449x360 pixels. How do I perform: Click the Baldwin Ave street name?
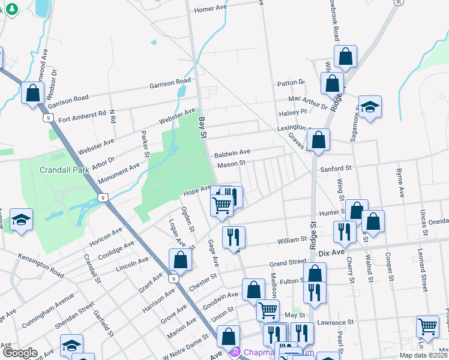[x=232, y=154]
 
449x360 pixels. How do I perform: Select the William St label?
[x=292, y=241]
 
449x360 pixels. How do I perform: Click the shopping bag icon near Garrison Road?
[x=32, y=94]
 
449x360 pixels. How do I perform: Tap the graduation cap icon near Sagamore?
[x=370, y=107]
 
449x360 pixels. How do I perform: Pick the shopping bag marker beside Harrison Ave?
[x=180, y=260]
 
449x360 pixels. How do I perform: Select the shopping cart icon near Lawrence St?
[x=427, y=327]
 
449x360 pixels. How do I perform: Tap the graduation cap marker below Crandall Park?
[x=22, y=220]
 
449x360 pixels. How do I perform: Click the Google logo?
[x=19, y=353]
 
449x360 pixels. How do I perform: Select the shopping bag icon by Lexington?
[x=318, y=140]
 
